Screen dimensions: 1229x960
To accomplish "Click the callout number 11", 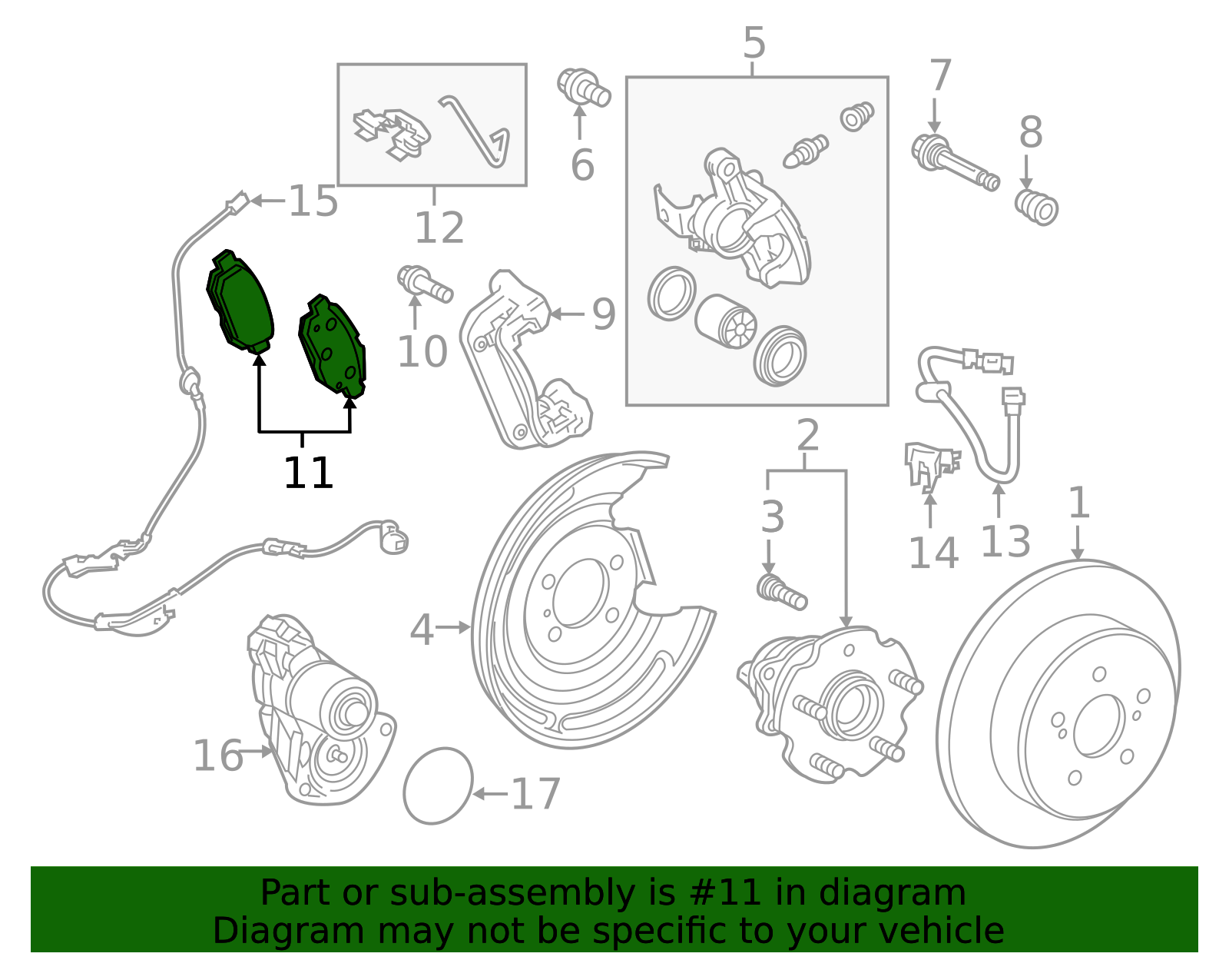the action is [x=308, y=473].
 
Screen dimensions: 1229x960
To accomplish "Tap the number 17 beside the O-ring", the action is [x=535, y=794].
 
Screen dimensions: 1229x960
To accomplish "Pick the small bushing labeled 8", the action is [x=1036, y=208].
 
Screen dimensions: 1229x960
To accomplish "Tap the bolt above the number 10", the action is [x=425, y=284].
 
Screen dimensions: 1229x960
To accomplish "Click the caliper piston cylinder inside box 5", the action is [x=726, y=321].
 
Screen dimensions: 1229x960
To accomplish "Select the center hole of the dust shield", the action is [x=580, y=593].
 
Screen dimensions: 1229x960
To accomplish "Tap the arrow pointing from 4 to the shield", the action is [x=453, y=627].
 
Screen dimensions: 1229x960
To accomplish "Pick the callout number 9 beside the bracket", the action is [x=604, y=314].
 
